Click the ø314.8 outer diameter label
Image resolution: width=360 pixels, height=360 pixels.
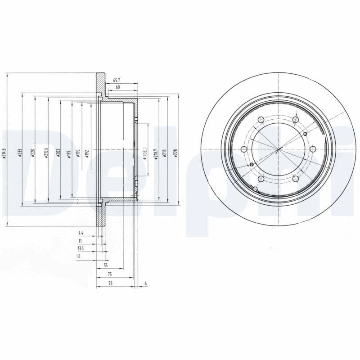point(4,154)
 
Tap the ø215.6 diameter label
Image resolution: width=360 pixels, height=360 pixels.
point(45,153)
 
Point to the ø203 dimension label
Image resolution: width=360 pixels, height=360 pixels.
point(58,153)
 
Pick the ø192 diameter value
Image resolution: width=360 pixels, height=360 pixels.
point(86,153)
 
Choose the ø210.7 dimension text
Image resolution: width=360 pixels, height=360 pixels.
point(155,153)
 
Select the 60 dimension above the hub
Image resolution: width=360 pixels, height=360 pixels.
point(118,87)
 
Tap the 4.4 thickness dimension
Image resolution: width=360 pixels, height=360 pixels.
point(81,233)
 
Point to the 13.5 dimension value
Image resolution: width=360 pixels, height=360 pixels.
point(81,248)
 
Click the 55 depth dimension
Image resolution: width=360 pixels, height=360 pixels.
point(106,265)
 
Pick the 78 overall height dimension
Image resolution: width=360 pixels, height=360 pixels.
point(109,283)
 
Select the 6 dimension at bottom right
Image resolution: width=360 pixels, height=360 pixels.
point(146,283)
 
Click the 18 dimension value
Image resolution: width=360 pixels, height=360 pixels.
point(78,256)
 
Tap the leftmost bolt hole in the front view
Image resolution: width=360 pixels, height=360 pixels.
point(244,149)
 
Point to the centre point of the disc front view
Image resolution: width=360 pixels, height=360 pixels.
point(279,149)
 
